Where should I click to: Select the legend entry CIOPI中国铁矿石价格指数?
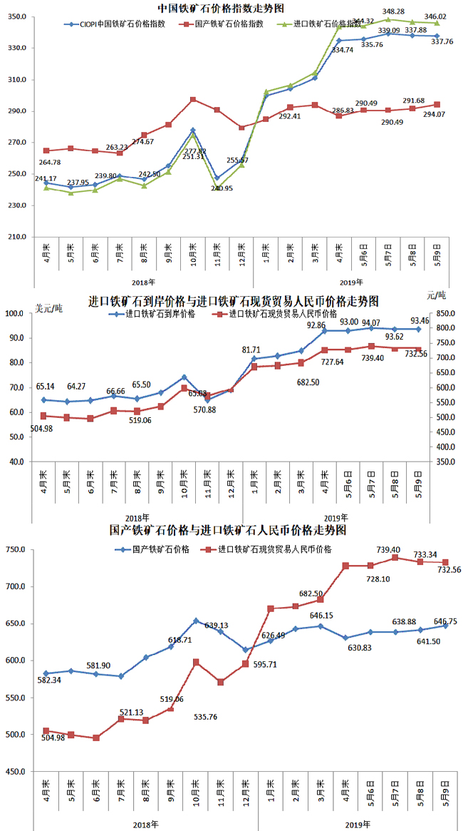tap(121, 24)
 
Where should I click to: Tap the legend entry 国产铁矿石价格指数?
tap(229, 24)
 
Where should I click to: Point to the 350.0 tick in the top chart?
tap(18, 16)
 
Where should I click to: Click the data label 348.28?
tap(393, 11)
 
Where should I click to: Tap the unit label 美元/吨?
tap(48, 308)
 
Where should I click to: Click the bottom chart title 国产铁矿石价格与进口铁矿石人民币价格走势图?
tap(228, 531)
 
